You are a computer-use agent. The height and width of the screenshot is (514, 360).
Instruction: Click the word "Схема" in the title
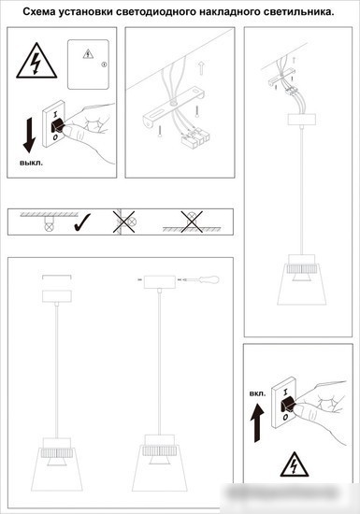click(39, 12)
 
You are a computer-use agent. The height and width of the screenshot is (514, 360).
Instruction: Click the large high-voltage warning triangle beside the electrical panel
click(36, 61)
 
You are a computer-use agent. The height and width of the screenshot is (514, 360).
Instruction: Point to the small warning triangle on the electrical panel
click(88, 54)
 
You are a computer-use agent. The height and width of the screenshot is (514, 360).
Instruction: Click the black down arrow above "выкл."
click(29, 136)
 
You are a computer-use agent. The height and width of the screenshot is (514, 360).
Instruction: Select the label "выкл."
click(31, 163)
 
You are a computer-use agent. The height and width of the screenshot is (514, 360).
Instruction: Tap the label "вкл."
click(258, 393)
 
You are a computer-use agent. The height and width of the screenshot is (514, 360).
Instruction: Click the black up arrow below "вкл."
click(257, 422)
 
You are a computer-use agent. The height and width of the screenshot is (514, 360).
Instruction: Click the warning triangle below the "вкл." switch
click(295, 464)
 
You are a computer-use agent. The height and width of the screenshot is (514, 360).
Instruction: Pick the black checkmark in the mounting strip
click(82, 222)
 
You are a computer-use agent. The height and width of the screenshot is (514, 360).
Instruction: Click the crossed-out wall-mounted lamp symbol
click(124, 221)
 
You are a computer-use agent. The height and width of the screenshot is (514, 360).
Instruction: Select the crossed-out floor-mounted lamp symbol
click(192, 221)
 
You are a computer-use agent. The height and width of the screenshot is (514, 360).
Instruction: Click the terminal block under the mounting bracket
click(195, 137)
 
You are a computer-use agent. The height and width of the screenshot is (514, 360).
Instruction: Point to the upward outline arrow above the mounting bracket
click(201, 67)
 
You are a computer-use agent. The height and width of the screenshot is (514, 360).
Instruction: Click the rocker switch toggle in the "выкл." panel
click(58, 125)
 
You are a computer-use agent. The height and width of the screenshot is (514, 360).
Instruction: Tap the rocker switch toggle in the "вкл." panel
click(288, 406)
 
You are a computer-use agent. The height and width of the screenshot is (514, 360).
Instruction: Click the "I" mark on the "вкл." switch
click(285, 392)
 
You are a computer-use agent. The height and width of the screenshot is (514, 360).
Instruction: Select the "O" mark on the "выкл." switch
click(55, 137)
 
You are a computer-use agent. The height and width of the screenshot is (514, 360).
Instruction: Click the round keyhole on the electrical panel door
click(104, 64)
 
